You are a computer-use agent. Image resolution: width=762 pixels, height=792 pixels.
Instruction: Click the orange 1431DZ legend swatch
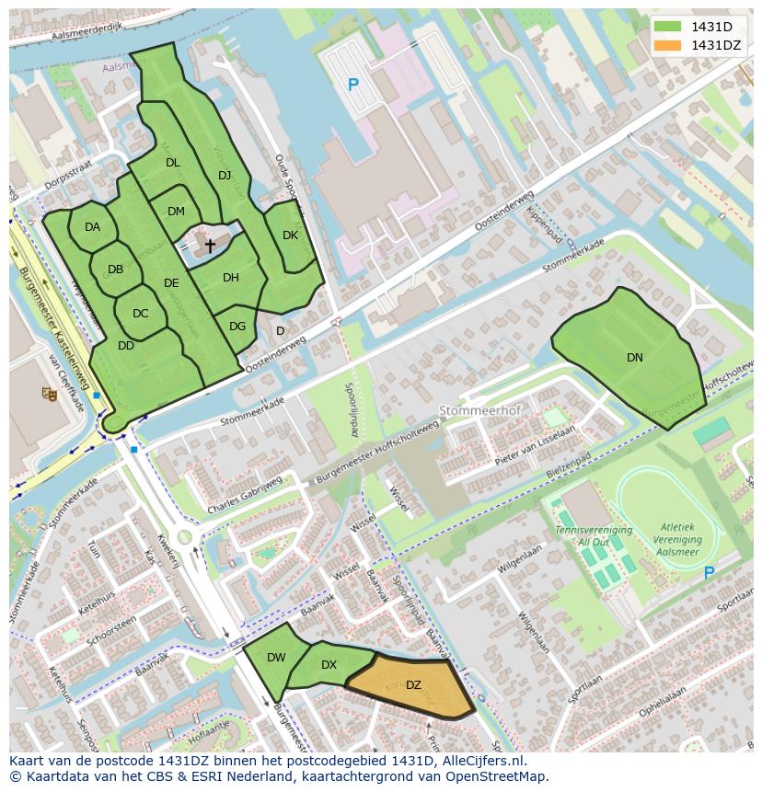coord(670,45)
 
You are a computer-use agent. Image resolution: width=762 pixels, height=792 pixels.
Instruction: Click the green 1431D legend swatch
coord(670,27)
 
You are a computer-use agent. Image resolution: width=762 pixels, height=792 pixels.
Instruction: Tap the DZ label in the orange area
coord(413,685)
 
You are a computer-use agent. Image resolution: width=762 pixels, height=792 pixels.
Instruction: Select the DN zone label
coord(635,358)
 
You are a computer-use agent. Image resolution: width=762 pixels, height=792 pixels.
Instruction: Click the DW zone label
coord(276,658)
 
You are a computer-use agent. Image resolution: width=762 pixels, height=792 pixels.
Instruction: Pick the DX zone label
coord(329,665)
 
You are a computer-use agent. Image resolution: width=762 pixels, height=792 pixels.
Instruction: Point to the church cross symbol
coord(210,246)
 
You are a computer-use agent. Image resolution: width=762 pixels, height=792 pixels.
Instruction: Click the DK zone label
coord(290,235)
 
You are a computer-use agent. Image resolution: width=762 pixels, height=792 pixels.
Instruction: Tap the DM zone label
coord(176,212)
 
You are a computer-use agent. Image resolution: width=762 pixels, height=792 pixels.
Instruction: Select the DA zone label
coord(92,227)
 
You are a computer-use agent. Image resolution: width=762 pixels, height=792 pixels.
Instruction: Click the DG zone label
coord(237,326)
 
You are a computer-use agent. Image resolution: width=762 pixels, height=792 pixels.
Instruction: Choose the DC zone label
coord(140,314)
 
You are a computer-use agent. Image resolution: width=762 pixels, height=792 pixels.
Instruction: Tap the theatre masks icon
coord(50,394)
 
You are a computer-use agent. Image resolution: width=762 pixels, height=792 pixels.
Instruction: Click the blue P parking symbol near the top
coord(352,85)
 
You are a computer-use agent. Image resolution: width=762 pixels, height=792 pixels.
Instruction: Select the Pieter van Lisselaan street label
coord(535,443)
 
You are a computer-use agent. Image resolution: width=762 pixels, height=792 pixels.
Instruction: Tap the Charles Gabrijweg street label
coord(245,497)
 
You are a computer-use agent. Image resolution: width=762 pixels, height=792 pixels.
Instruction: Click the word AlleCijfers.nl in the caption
coord(475,761)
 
